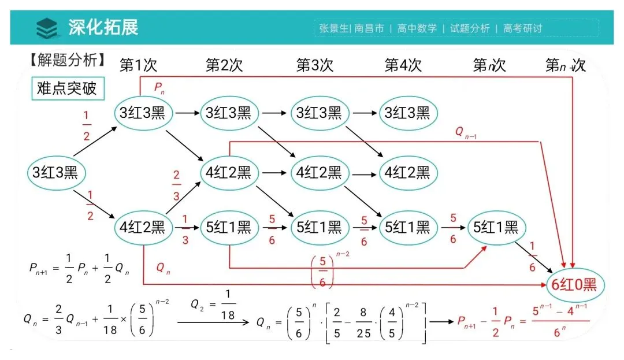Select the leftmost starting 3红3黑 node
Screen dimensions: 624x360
click(55, 172)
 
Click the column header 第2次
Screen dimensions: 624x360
click(224, 65)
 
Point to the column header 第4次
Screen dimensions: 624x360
click(403, 65)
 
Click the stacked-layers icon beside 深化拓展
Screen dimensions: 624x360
click(47, 27)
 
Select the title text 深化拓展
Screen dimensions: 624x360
click(103, 27)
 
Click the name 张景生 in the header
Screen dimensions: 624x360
click(333, 28)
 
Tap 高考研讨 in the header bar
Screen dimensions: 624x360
click(522, 28)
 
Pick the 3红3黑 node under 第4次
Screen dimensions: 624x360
click(407, 113)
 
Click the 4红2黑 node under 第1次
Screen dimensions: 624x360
click(142, 227)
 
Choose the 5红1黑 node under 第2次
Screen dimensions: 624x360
click(229, 227)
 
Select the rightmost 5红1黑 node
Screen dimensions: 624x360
click(495, 227)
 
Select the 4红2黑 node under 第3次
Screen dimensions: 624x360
click(319, 172)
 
